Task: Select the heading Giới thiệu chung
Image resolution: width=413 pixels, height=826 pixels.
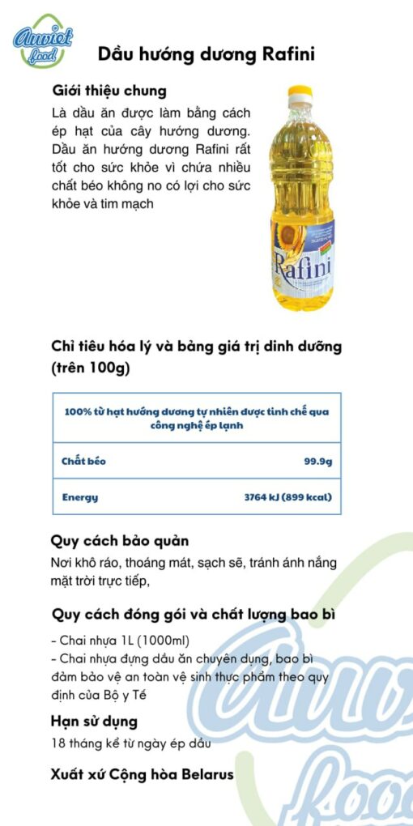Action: pos(109,91)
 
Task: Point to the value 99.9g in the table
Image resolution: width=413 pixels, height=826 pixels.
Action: pos(317,462)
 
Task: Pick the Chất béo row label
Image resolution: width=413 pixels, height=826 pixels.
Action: pos(83,462)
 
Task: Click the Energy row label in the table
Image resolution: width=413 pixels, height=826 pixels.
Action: pos(80,497)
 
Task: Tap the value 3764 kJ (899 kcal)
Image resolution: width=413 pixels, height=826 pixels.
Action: pos(287,497)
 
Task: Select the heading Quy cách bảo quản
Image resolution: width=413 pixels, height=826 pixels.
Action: pos(120,540)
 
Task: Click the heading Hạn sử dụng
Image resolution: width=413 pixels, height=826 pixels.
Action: pos(95,721)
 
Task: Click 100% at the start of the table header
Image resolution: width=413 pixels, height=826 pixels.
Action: pos(77,411)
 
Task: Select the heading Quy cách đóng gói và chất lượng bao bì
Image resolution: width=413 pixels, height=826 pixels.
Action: pos(194,614)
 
